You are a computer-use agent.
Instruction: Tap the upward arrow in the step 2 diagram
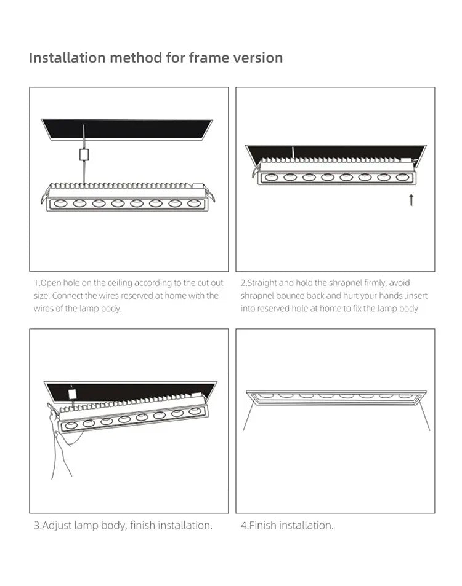tap(411, 199)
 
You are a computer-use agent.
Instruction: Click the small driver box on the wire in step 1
tap(83, 155)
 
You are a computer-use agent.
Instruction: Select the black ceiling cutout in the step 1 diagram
tap(126, 129)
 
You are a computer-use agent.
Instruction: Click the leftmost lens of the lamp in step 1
tap(60, 203)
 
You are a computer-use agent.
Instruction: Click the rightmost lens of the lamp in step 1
tap(193, 203)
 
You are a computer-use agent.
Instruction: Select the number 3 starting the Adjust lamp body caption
tap(36, 526)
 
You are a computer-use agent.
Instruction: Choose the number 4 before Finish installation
tap(243, 526)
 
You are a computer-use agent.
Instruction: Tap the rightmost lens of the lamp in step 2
tap(402, 177)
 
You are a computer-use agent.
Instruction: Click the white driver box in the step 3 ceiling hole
tap(72, 392)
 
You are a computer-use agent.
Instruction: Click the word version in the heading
tap(259, 58)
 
